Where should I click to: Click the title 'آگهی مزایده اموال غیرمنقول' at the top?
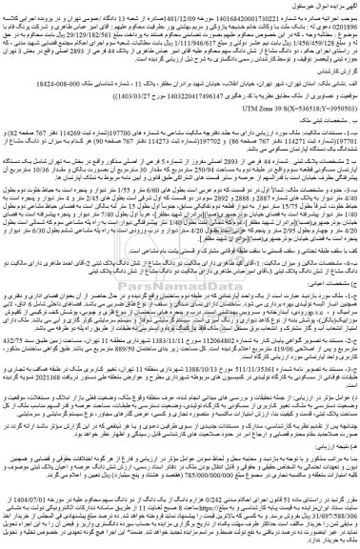point(320,6)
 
